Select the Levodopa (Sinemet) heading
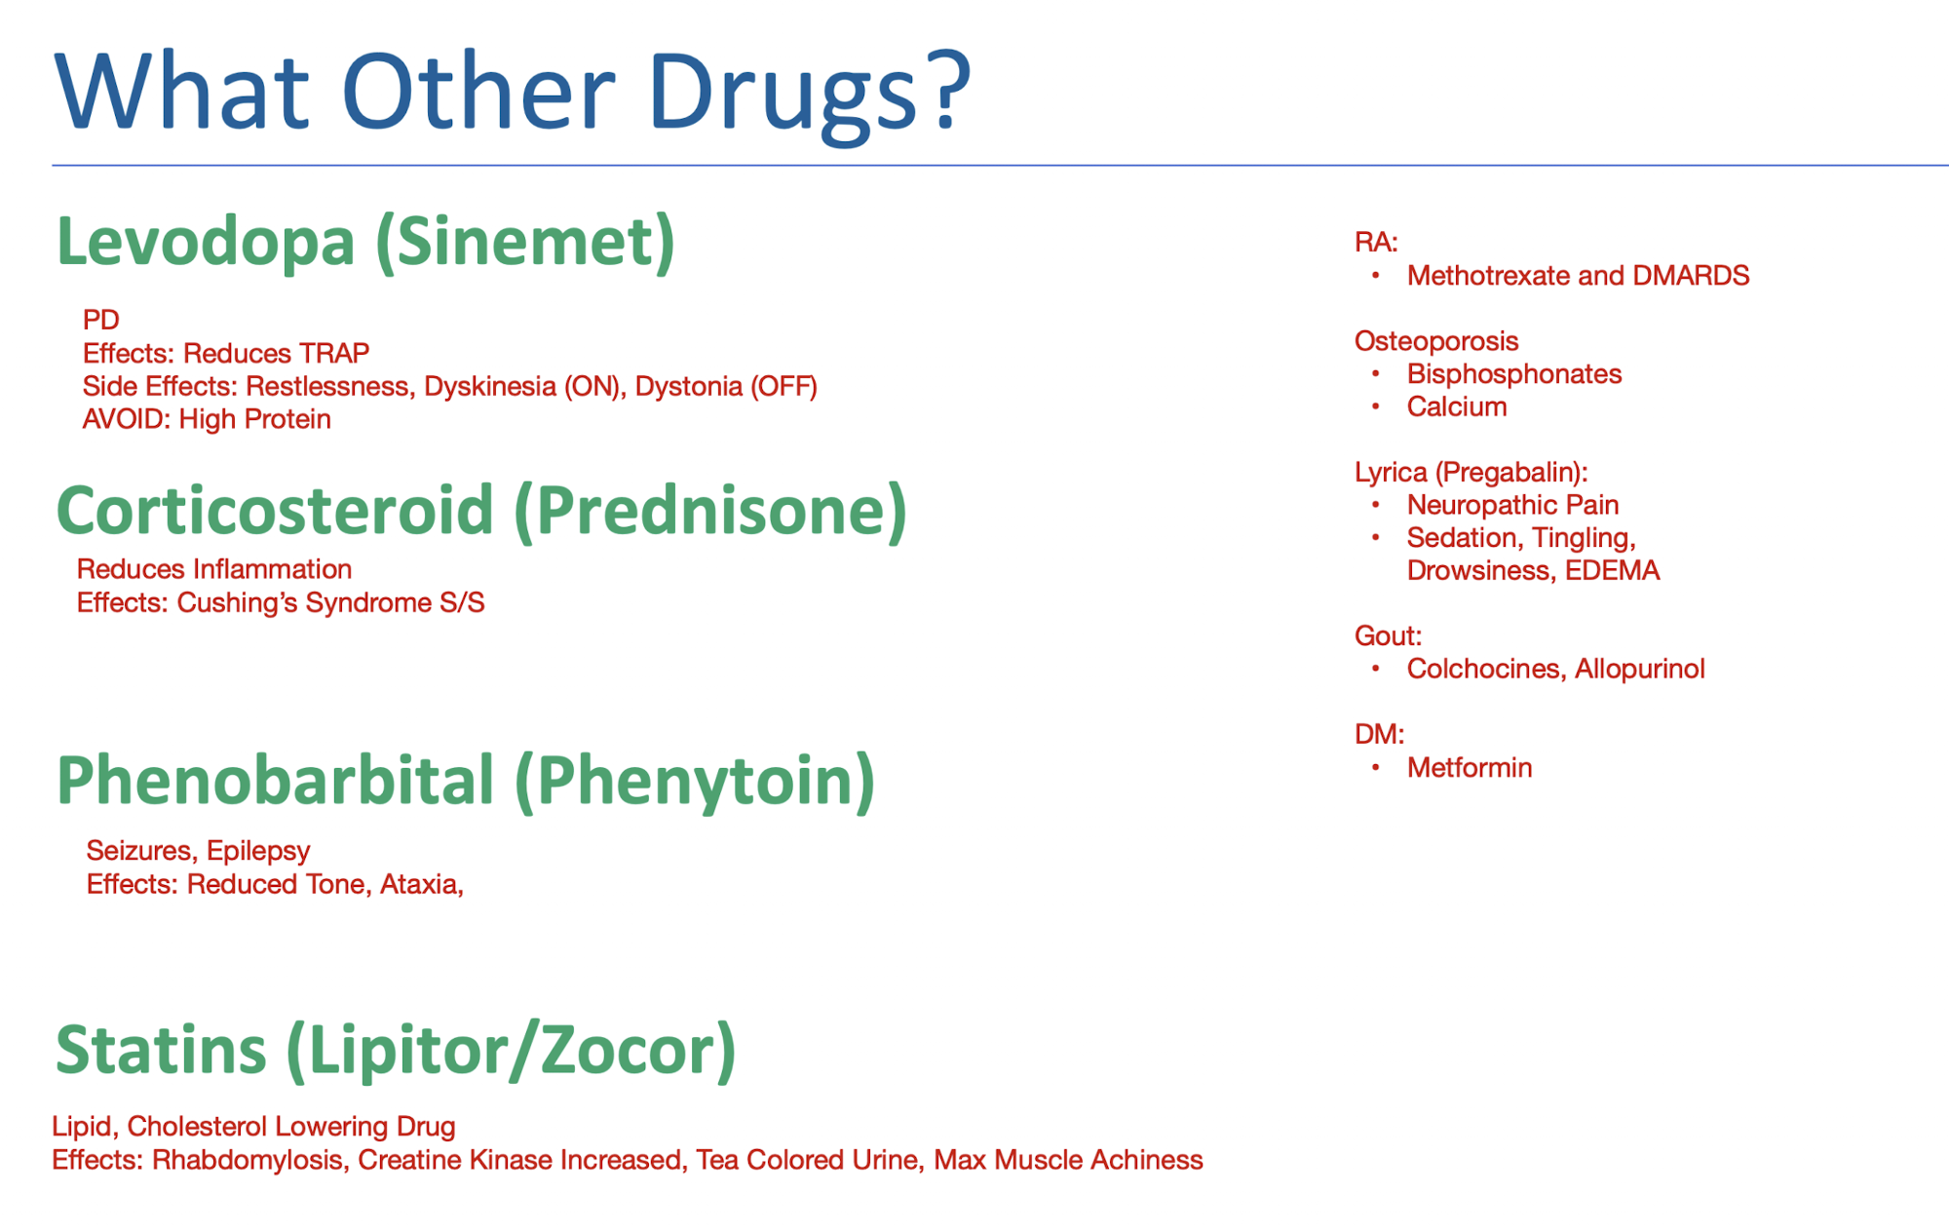[365, 241]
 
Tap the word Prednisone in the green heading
[710, 511]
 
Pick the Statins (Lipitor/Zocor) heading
[396, 1050]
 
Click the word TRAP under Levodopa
[334, 353]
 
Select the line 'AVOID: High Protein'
[207, 419]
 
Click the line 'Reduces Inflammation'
[214, 569]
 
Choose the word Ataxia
[419, 884]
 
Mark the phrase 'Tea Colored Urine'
[807, 1160]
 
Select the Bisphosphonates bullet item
[1513, 374]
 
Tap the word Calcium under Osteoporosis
[1456, 406]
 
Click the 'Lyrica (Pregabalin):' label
[1471, 473]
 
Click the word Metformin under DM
[1469, 768]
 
